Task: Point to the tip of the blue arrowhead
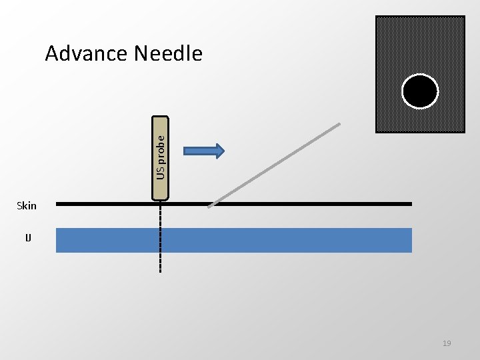[224, 151]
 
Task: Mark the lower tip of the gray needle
[209, 206]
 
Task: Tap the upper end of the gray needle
[339, 124]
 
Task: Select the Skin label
[27, 205]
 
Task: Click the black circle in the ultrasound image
[420, 91]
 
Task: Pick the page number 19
[447, 343]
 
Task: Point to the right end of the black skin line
[411, 203]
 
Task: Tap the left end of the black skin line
[57, 203]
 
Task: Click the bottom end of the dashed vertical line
[161, 272]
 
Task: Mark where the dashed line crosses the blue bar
[161, 240]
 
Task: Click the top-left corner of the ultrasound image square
[376, 17]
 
